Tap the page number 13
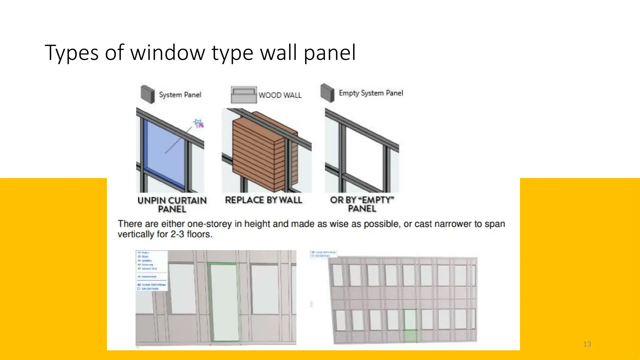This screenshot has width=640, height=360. point(587,344)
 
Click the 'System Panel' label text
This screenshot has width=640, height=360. point(180,95)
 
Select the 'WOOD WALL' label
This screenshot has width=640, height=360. point(280,95)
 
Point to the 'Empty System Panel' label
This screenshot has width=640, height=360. point(371,93)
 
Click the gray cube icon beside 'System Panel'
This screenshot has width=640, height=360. point(147,94)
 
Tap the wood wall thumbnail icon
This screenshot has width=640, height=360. point(244,95)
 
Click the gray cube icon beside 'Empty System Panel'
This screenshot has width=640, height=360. point(327,93)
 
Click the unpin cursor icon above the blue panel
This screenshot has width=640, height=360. point(198,123)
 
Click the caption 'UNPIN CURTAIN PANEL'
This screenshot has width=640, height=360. point(172,205)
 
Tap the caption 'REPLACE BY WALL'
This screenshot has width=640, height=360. point(263,200)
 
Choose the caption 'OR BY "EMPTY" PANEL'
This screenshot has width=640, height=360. point(362,204)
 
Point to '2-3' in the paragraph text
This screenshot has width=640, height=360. point(177,234)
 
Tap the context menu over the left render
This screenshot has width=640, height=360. point(152,271)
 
